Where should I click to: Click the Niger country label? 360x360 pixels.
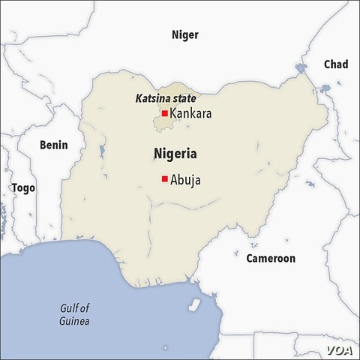coord(185,34)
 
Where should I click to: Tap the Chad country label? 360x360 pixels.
coord(335,64)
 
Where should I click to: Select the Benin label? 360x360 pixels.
coord(53,145)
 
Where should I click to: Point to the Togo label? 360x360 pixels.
coord(22,187)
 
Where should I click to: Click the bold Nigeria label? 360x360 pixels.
coord(175,154)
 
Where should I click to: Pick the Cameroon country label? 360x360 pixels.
coord(271,258)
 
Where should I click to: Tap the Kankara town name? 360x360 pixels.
coord(190,114)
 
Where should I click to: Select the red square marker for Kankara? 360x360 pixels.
coord(164,114)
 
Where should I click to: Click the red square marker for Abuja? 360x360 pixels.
coord(164,178)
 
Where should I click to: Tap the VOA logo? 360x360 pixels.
coord(339,349)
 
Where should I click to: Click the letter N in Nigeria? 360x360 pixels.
coord(158,154)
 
